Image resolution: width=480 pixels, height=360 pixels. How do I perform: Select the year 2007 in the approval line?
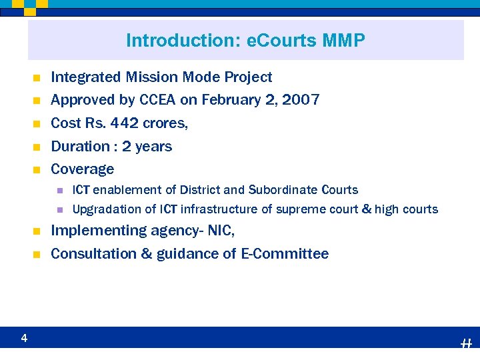pos(301,100)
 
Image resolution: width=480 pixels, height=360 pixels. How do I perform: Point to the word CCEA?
pos(158,100)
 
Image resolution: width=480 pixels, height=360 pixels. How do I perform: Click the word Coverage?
pos(83,169)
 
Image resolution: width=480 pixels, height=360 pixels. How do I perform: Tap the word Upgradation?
pos(107,209)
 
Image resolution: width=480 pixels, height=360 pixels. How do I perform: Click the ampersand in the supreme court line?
pos(365,209)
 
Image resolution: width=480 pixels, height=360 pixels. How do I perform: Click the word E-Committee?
pos(285,253)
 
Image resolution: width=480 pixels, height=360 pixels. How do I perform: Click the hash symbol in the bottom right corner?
pos(466,343)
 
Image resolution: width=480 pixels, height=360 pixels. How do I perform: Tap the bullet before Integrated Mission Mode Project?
pos(37,78)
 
